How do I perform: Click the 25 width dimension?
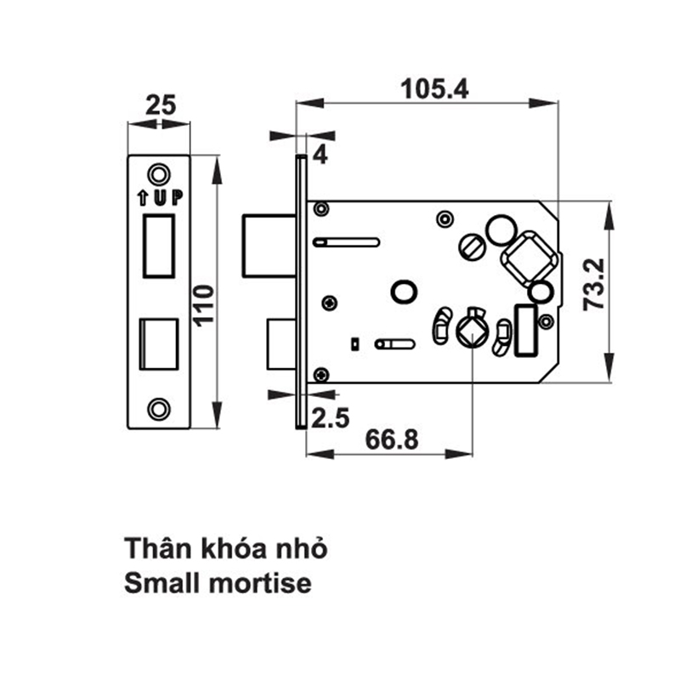tap(159, 105)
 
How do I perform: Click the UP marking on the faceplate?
tap(159, 198)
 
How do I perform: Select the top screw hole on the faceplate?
tap(157, 174)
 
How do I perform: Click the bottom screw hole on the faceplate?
tap(157, 408)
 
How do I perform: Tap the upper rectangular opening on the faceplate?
tap(159, 245)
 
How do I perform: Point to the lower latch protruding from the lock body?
tap(280, 344)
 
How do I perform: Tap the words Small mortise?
tap(218, 585)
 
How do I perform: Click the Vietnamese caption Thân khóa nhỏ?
tap(225, 548)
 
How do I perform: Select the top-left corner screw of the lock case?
tap(322, 209)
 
